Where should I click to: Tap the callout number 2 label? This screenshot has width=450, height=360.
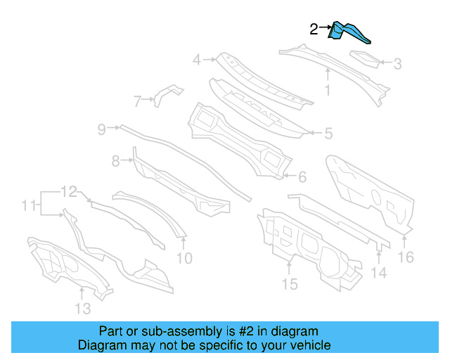(314, 29)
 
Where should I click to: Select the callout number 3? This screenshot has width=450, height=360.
(397, 64)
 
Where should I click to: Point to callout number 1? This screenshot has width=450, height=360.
(327, 90)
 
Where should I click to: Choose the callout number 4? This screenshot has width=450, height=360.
(198, 60)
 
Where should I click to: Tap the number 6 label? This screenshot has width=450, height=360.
(302, 176)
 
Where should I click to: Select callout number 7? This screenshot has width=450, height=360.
(138, 101)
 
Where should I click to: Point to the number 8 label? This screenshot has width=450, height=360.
(116, 162)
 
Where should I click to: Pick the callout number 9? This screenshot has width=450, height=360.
(101, 129)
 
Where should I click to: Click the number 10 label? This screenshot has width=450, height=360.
(184, 258)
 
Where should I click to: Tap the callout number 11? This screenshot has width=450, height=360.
(28, 206)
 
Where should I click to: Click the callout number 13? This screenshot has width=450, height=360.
(82, 309)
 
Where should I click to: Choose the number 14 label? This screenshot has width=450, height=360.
(378, 274)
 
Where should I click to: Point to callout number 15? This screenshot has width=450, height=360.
(290, 283)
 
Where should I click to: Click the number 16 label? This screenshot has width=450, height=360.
(406, 257)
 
